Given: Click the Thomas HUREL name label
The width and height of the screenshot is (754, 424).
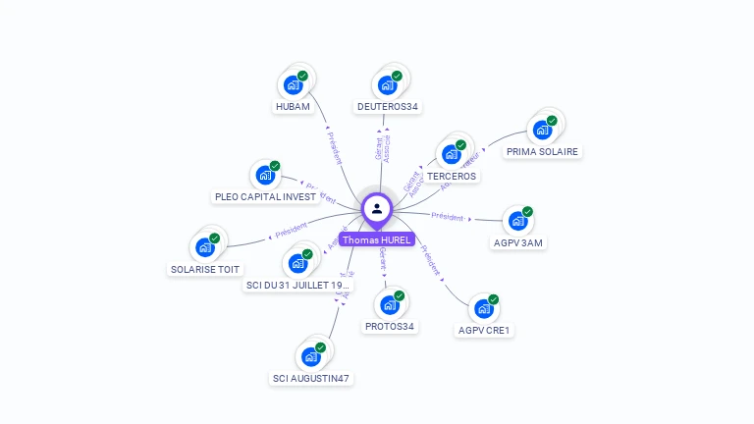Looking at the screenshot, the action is tap(377, 239).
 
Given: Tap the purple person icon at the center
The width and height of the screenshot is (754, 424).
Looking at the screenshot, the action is tap(377, 208).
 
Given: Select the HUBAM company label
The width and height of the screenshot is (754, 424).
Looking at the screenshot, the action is tap(293, 107).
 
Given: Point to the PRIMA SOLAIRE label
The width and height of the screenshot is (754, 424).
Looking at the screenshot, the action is tap(542, 152).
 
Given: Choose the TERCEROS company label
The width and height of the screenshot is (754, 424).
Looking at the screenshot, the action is tap(452, 177).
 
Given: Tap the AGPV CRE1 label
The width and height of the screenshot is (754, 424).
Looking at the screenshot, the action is tap(485, 331).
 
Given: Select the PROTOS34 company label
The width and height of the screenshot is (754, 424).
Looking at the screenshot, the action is tap(390, 327).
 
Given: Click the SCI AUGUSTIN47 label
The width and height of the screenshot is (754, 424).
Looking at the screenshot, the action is tap(310, 379).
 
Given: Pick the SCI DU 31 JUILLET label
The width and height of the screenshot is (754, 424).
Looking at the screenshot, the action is tap(297, 286).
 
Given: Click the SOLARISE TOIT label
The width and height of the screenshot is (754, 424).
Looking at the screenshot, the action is tap(205, 269).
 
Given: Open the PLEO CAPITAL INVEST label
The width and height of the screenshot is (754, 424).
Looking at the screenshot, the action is tap(265, 197).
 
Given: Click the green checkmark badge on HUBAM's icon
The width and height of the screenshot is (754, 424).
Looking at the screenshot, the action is tap(302, 76).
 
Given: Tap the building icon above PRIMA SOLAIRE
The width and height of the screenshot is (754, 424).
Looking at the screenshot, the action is tap(541, 130).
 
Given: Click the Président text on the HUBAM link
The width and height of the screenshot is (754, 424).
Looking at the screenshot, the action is tap(334, 146).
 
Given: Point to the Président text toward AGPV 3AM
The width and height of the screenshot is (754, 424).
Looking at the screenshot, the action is tap(448, 216).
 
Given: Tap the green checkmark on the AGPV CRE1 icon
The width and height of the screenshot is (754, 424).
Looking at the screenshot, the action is tap(494, 299).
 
